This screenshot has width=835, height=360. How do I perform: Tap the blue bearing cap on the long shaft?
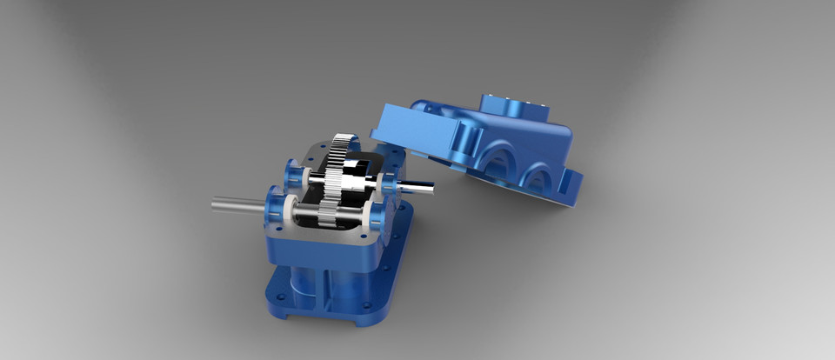click(x=277, y=207)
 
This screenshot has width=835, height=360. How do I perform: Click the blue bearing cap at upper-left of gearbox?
click(x=294, y=175)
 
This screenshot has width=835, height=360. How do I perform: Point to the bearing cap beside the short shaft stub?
click(x=387, y=182)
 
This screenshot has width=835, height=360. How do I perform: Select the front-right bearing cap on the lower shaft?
click(x=377, y=214)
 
